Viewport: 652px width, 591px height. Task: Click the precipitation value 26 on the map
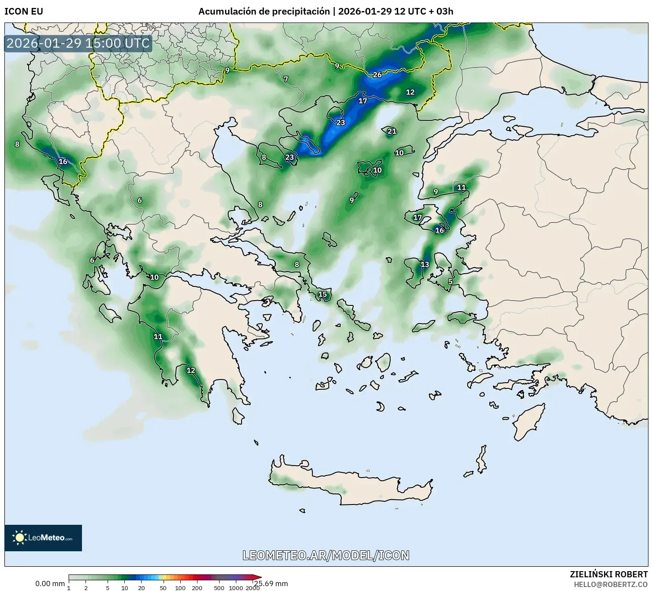click(x=377, y=75)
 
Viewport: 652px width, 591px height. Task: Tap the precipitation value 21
click(x=392, y=131)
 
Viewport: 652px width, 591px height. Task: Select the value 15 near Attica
click(x=323, y=294)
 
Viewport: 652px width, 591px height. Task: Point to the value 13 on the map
click(x=425, y=264)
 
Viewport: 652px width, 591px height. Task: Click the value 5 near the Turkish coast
click(x=450, y=282)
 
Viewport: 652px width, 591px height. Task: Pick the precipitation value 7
click(x=286, y=79)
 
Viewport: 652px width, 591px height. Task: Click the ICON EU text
click(x=24, y=11)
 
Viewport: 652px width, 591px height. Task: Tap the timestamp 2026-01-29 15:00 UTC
click(x=78, y=43)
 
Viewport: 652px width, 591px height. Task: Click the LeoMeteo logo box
click(x=43, y=538)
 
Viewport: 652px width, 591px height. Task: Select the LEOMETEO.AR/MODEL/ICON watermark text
click(x=326, y=555)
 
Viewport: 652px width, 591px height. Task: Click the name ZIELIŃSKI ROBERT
click(x=608, y=574)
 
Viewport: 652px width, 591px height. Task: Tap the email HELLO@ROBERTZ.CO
click(x=611, y=584)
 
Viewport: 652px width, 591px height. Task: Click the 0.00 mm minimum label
click(x=50, y=583)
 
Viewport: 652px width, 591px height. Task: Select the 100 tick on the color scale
click(x=180, y=588)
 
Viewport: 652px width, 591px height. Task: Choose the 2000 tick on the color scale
click(x=252, y=588)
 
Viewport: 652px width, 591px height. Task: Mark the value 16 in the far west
click(x=63, y=162)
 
